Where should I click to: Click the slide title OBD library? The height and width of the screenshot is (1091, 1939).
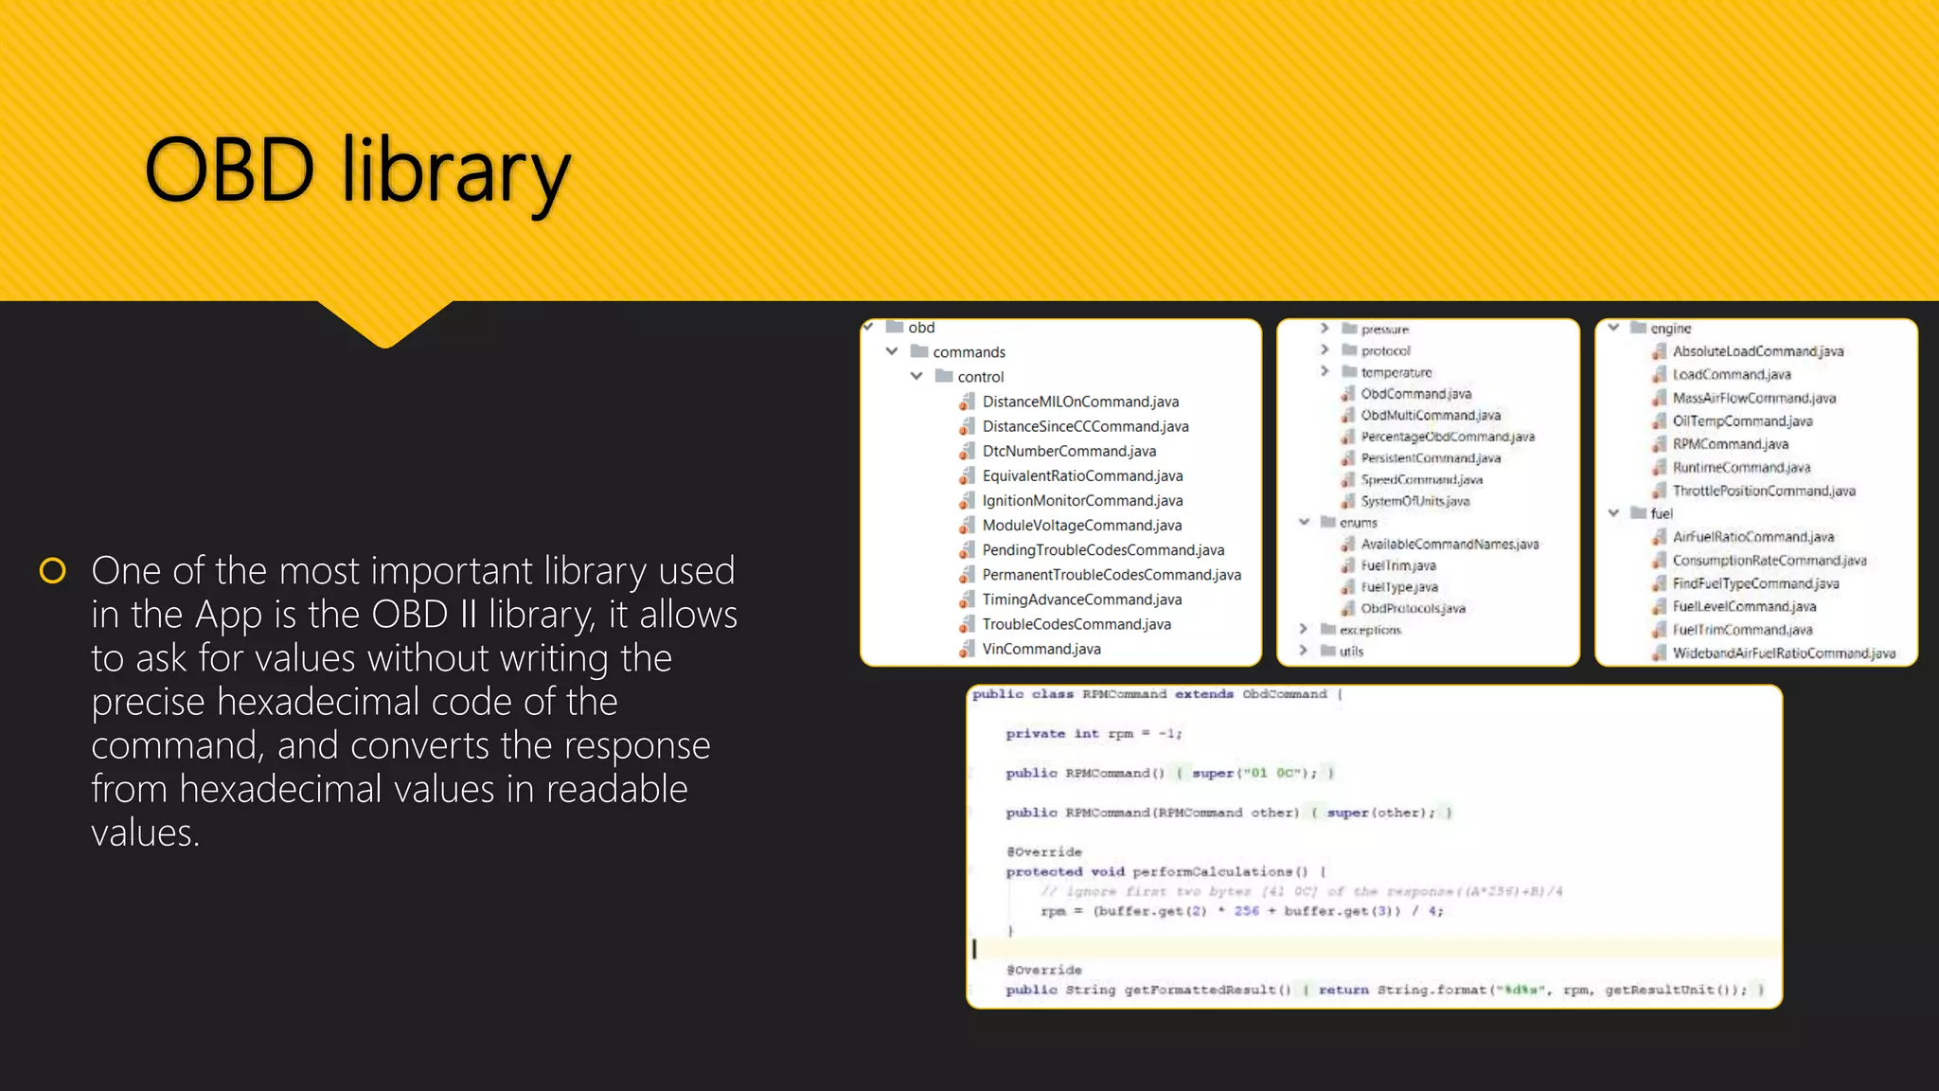tap(358, 171)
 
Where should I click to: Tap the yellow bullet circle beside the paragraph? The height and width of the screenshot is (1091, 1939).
tap(53, 571)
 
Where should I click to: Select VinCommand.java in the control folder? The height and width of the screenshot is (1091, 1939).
tap(1041, 650)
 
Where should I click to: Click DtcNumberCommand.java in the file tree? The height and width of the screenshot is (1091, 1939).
tap(1068, 452)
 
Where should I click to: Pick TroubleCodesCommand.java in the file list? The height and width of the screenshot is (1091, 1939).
tap(1076, 625)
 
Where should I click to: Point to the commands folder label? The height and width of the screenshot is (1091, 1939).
tap(969, 352)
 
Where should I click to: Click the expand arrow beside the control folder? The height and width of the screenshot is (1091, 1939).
tap(916, 376)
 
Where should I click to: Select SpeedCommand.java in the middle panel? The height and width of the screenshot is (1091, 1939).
tap(1421, 480)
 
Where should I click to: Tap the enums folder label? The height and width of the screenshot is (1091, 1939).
tap(1358, 523)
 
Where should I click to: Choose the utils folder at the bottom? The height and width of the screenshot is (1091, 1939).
tap(1351, 652)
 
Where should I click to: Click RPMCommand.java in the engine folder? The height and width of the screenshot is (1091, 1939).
tap(1730, 444)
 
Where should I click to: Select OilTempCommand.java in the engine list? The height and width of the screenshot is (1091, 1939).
tap(1742, 421)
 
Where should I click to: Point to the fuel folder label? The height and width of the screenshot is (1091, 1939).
tap(1661, 513)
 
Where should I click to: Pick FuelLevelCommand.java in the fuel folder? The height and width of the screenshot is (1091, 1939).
tap(1743, 607)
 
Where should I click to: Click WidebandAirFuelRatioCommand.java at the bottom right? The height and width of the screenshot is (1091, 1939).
tap(1783, 653)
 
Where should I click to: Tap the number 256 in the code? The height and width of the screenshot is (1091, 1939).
tap(1246, 911)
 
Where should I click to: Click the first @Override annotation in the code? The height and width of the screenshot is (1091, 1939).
tap(1043, 852)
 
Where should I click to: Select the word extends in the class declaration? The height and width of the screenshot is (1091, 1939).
tap(1203, 694)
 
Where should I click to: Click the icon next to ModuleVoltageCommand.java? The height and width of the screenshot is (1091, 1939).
tap(966, 526)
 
